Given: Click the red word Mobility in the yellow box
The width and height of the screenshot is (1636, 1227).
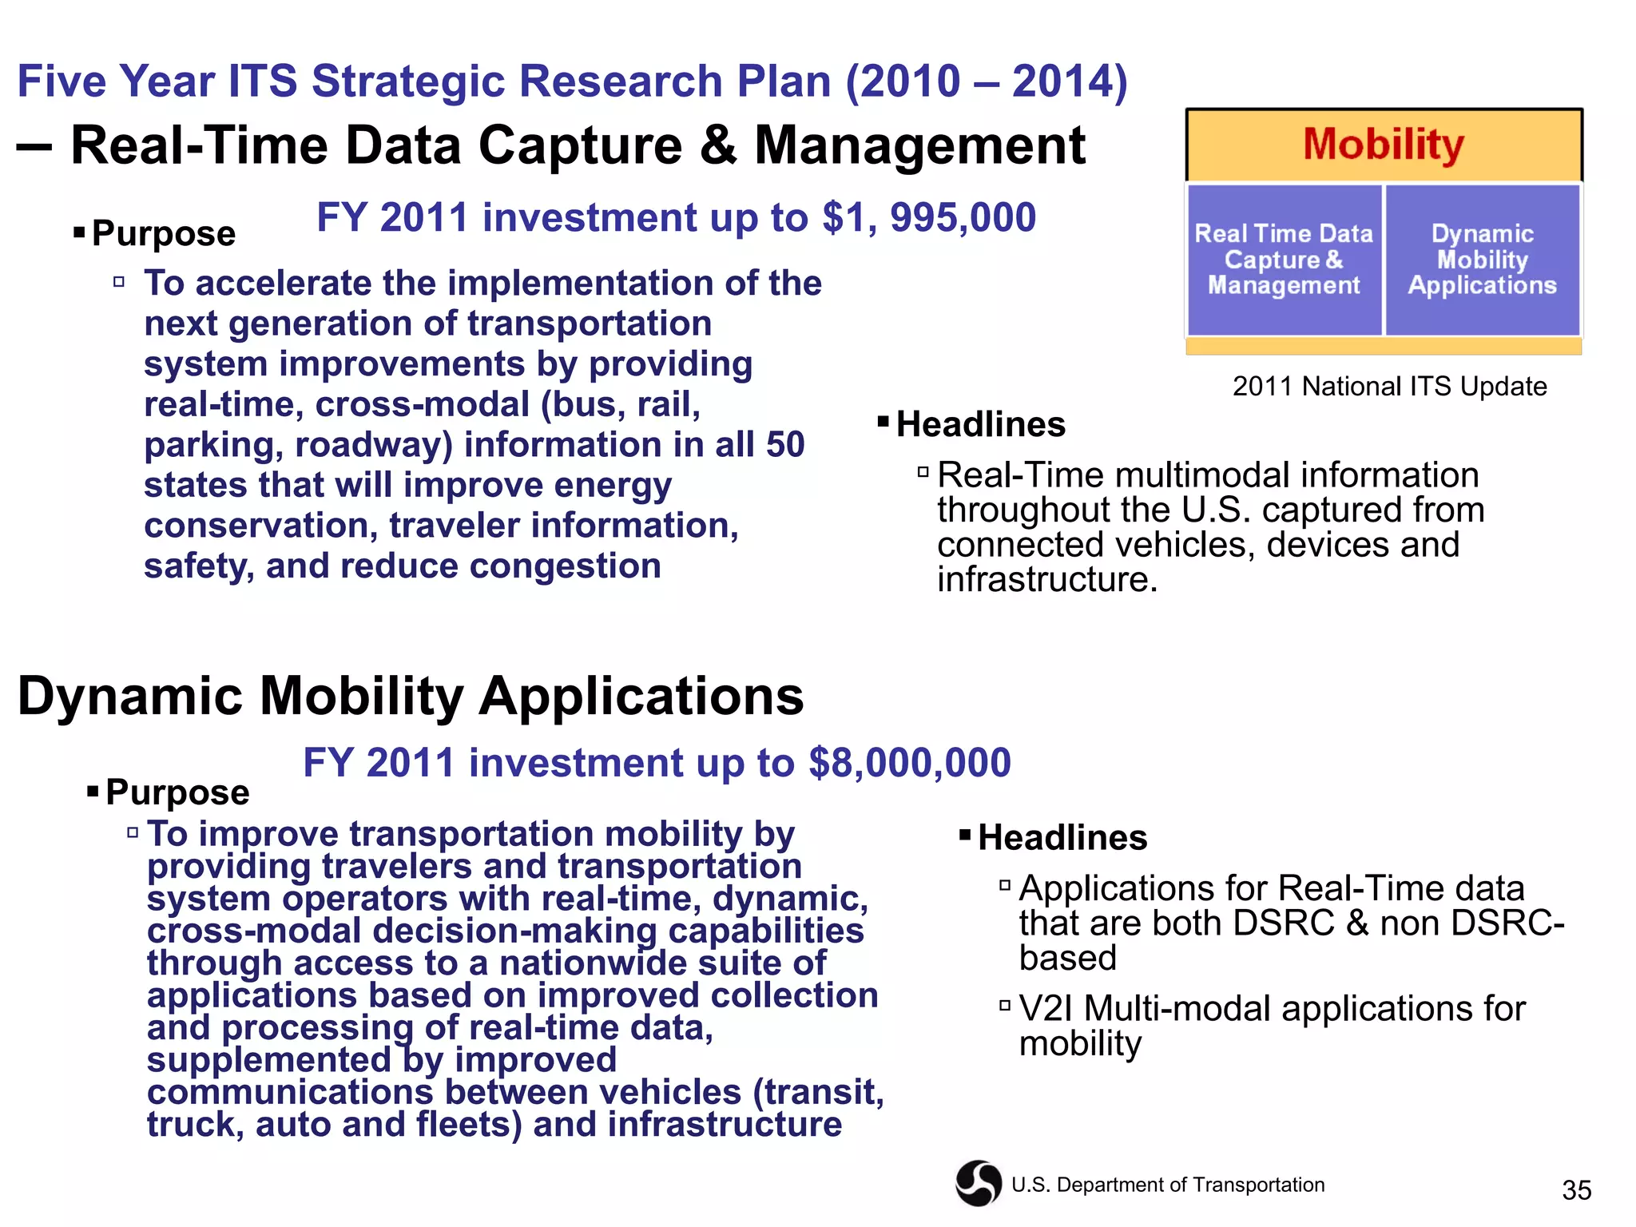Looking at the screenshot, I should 1383,145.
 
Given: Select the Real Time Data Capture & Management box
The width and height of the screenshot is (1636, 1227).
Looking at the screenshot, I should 1284,260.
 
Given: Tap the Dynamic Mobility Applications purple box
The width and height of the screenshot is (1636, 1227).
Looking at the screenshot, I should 1482,260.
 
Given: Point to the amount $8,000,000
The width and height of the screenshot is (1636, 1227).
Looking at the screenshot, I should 909,763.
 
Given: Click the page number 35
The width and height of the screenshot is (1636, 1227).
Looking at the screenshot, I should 1576,1190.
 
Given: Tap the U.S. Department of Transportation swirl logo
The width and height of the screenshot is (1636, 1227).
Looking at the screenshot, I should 978,1183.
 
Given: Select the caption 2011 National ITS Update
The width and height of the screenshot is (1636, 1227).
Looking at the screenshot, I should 1389,387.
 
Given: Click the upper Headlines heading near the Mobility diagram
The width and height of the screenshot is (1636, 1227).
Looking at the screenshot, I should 980,424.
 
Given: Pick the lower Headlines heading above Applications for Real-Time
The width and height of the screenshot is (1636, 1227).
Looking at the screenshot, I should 1062,838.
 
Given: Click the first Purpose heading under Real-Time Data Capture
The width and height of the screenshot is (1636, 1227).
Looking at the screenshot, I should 163,233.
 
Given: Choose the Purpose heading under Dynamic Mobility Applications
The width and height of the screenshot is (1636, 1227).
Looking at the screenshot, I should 177,792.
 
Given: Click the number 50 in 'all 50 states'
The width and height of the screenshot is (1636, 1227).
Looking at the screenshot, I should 784,445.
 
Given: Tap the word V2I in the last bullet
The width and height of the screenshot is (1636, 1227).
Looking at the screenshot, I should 1046,1009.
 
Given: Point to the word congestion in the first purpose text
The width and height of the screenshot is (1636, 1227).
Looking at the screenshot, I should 565,566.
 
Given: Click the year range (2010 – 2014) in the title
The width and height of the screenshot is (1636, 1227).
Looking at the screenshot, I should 987,81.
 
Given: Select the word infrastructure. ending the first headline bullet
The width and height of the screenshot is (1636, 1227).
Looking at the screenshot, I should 1046,580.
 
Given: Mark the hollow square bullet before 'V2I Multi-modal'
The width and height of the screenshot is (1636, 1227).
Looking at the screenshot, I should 1005,1005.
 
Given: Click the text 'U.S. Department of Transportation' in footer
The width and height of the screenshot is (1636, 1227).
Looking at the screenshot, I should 1167,1185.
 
